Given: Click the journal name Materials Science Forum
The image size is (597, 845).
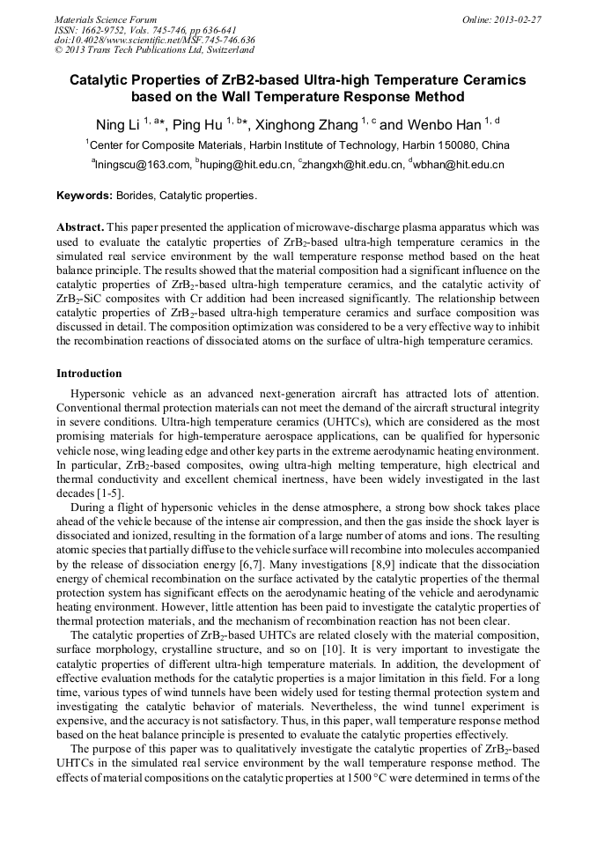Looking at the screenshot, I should [x=106, y=19].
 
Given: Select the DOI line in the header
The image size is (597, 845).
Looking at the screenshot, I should [x=154, y=40].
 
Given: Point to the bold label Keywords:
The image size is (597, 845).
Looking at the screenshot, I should [x=85, y=195].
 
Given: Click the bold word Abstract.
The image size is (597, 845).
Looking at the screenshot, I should [x=80, y=226].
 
